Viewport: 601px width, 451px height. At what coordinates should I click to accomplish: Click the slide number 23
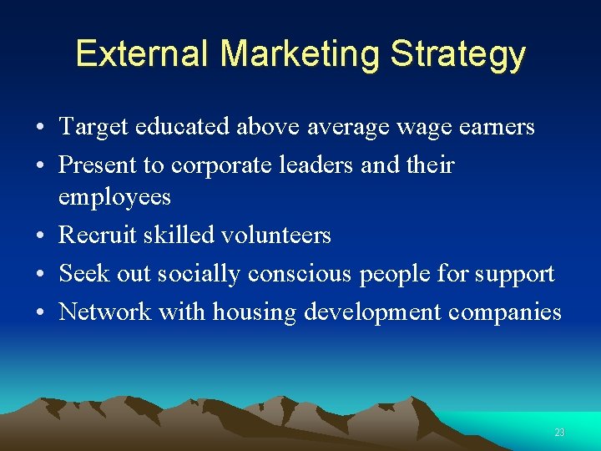(559, 432)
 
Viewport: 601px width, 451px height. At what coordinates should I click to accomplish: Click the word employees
(114, 198)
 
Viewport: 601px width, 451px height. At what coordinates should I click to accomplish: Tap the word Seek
(80, 273)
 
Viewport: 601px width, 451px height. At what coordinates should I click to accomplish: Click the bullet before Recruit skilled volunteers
(40, 236)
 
